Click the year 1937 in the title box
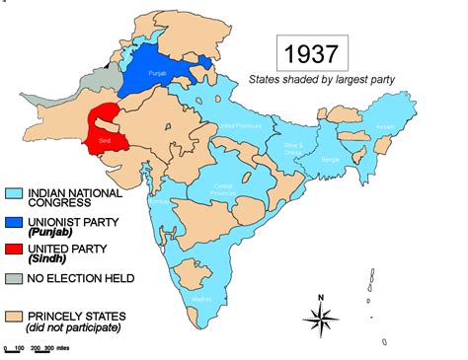312,50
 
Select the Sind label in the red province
105,143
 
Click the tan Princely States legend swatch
15,316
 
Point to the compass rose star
321,317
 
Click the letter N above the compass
321,296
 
